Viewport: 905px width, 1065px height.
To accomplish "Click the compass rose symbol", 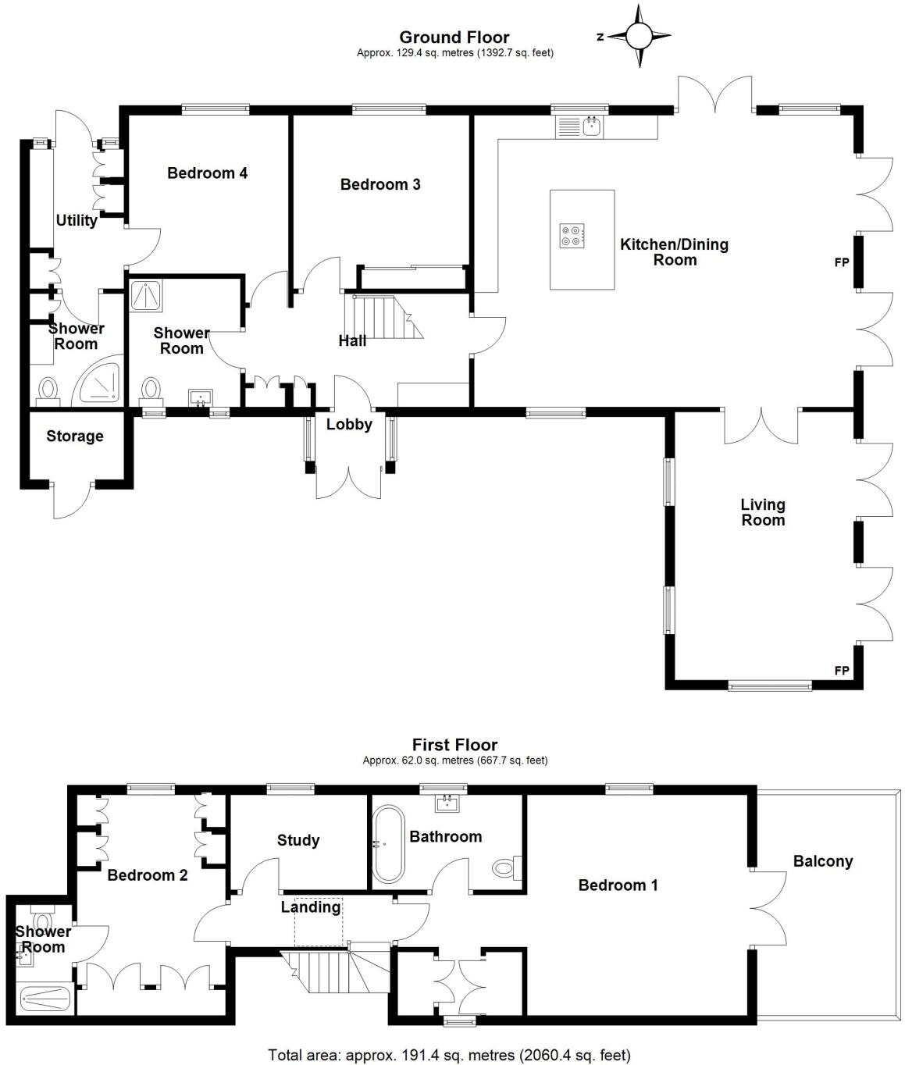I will coord(639,36).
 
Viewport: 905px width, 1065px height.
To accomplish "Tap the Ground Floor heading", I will coord(454,37).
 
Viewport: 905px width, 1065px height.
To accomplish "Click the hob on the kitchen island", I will coord(572,235).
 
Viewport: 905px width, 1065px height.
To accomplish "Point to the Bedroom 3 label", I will coord(380,184).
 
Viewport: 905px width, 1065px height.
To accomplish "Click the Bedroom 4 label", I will coord(207,173).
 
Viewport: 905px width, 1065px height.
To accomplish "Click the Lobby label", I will coord(349,424).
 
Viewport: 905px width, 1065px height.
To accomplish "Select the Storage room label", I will coord(75,436).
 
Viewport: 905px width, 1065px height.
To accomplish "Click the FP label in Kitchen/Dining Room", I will coord(842,262).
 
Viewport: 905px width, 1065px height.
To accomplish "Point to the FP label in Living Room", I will coord(842,670).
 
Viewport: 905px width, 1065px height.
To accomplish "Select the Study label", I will coord(298,840).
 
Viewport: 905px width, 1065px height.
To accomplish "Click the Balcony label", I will coord(822,861).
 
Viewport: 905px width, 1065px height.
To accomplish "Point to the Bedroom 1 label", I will coord(618,885).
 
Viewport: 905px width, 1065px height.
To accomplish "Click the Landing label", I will coord(311,907).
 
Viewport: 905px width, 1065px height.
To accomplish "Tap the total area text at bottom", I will coord(449,1055).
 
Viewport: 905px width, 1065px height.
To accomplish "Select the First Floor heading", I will coord(454,744).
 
